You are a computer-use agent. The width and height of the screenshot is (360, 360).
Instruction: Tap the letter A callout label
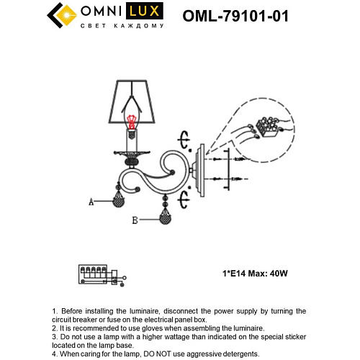coord(91,203)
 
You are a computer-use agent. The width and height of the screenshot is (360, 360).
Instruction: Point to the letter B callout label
coord(135,221)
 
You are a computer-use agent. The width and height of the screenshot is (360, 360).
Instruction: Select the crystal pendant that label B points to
coord(166,217)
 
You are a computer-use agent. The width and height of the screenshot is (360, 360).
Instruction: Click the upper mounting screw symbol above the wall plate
coord(184,136)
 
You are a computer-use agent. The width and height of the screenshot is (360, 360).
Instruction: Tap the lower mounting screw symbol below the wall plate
coord(184,196)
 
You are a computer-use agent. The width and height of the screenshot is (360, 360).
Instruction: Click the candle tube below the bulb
coord(131,142)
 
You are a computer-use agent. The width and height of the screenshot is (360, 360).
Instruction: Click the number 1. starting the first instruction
coord(55,310)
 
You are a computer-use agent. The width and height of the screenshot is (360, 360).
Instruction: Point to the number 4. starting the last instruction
coord(55,354)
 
